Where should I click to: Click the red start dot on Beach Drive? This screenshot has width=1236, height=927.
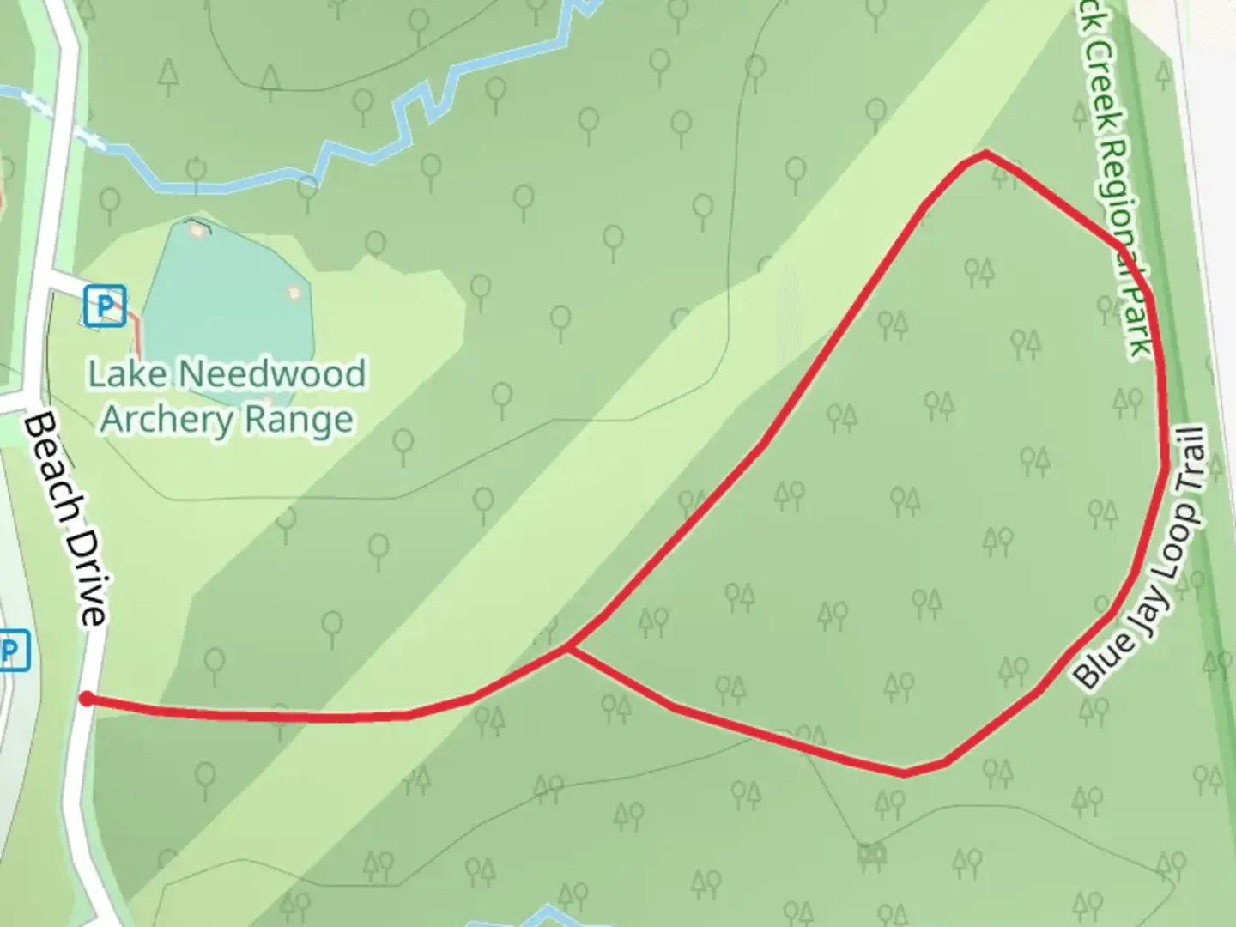point(87,699)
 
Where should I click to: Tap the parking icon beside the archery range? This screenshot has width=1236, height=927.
point(105,306)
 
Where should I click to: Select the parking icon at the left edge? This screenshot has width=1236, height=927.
point(12,651)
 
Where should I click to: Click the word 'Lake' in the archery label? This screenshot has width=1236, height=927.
point(128,374)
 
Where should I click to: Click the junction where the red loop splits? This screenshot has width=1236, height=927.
point(567,648)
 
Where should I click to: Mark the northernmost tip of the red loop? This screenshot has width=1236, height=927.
point(985,154)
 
